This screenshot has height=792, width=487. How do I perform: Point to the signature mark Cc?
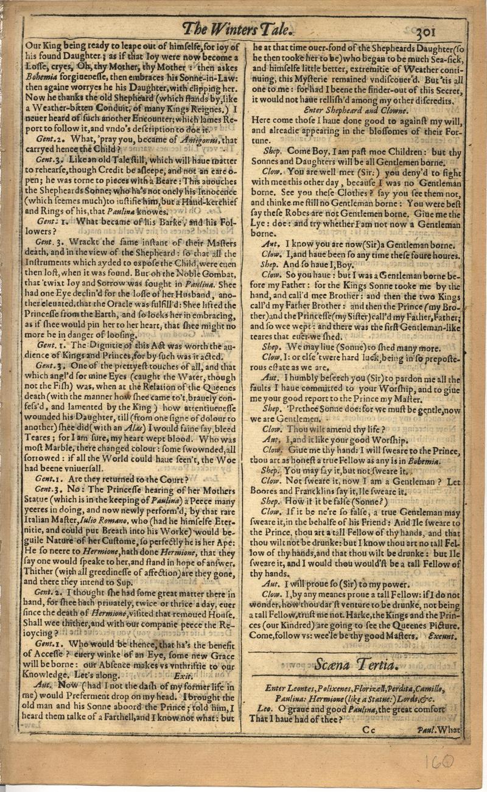click(370, 729)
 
